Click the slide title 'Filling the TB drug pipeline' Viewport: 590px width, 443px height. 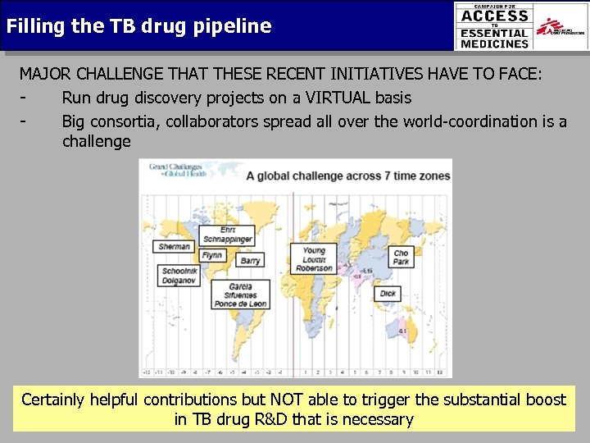pos(138,26)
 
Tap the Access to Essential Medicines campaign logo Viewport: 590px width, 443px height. pos(494,26)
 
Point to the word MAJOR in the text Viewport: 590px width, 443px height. pos(46,74)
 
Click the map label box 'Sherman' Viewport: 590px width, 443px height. pos(175,246)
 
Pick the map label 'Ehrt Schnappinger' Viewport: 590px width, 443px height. pos(227,235)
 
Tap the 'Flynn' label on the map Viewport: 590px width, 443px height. pos(212,256)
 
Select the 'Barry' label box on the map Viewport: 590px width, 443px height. pos(251,260)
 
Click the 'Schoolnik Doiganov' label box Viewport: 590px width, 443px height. pos(179,276)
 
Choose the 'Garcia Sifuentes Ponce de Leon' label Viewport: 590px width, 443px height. pos(240,295)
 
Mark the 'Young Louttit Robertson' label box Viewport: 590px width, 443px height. pos(314,259)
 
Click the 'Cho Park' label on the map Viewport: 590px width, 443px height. pos(401,258)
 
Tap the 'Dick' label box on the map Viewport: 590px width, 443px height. pos(388,293)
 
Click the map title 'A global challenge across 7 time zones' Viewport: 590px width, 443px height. pos(348,176)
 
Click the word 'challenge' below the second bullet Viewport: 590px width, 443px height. pos(96,141)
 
